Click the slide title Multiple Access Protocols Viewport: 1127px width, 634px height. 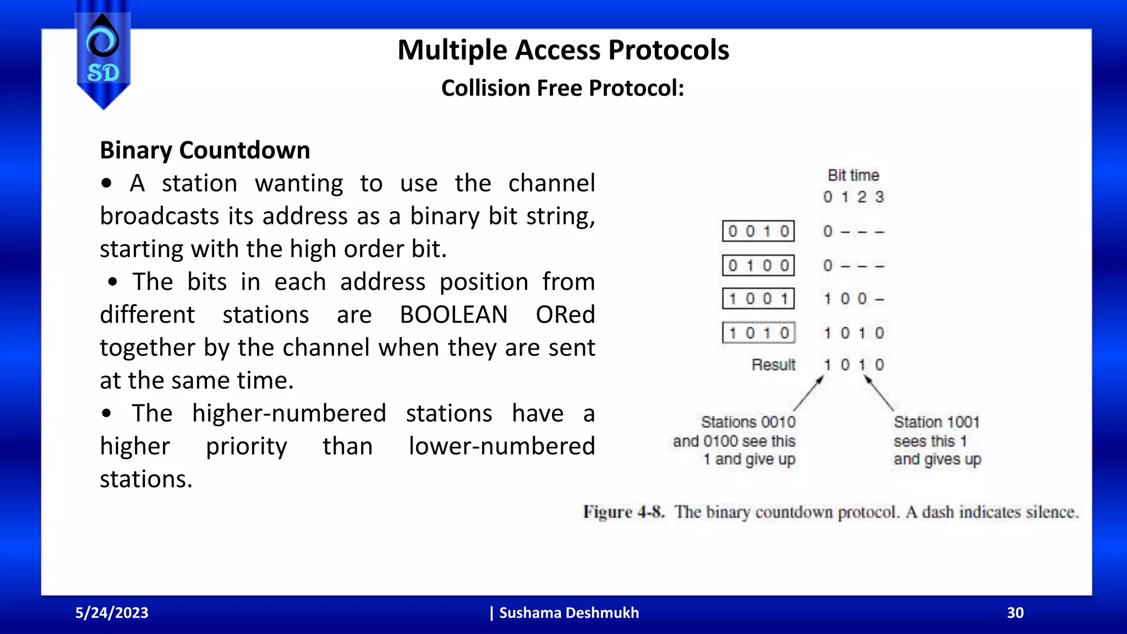563,50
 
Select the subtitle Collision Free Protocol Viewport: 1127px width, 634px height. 562,88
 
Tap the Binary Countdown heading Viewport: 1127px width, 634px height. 205,150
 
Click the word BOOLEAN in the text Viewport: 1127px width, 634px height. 453,315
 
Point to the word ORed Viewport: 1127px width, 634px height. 565,315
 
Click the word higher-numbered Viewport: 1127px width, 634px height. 289,413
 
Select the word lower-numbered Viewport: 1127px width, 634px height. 501,446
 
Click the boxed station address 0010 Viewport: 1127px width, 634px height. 758,231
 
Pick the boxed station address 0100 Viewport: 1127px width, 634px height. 758,266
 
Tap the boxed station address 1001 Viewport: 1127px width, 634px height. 758,299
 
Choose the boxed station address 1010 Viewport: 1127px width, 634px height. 758,333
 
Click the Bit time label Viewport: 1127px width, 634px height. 853,176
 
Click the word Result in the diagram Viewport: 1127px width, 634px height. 773,365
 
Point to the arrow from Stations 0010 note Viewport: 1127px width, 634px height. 808,394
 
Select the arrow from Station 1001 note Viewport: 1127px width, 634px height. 879,393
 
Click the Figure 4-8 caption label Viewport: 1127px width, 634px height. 623,512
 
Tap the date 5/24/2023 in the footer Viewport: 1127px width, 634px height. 112,613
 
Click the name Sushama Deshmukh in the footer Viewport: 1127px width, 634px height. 568,613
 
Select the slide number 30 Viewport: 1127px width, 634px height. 1015,613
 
